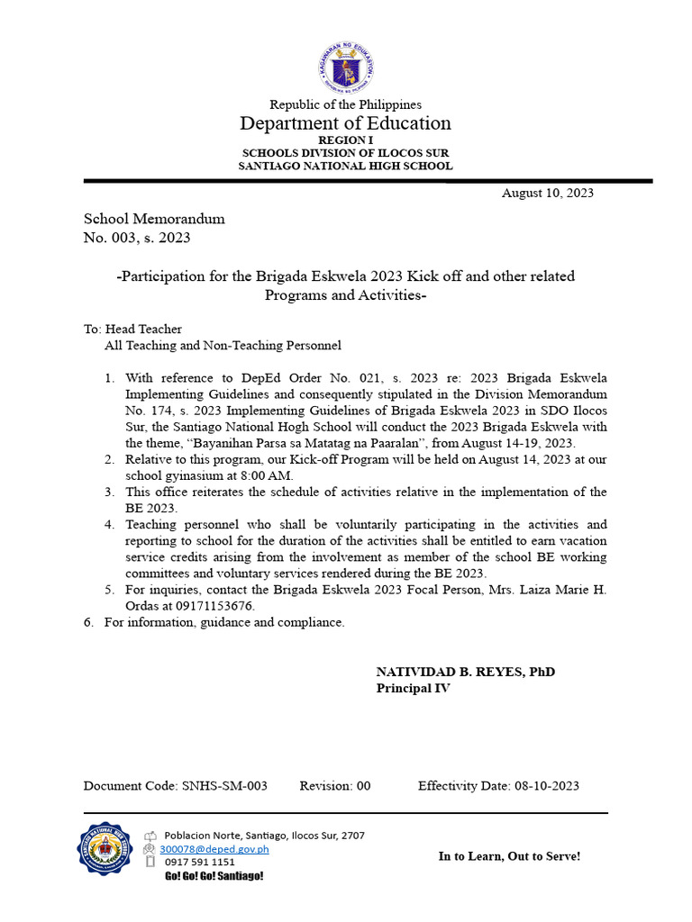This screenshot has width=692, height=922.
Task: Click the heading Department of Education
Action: click(345, 123)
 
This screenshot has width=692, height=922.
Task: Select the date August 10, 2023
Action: click(547, 193)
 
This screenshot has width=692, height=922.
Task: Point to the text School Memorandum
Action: click(154, 219)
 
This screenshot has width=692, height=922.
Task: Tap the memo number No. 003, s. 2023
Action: click(137, 238)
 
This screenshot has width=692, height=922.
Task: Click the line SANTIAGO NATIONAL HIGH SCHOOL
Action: click(345, 166)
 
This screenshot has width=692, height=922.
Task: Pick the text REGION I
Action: click(345, 141)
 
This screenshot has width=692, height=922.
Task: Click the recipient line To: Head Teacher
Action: click(132, 330)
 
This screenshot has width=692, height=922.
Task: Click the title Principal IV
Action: click(413, 689)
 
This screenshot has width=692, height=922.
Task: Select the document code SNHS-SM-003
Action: click(225, 786)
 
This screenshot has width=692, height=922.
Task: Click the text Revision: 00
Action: click(335, 786)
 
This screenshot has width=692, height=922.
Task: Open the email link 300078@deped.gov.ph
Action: click(214, 849)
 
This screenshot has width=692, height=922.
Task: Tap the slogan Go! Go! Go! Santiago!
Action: click(214, 876)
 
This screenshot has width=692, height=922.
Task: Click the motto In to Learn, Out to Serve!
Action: click(509, 856)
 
